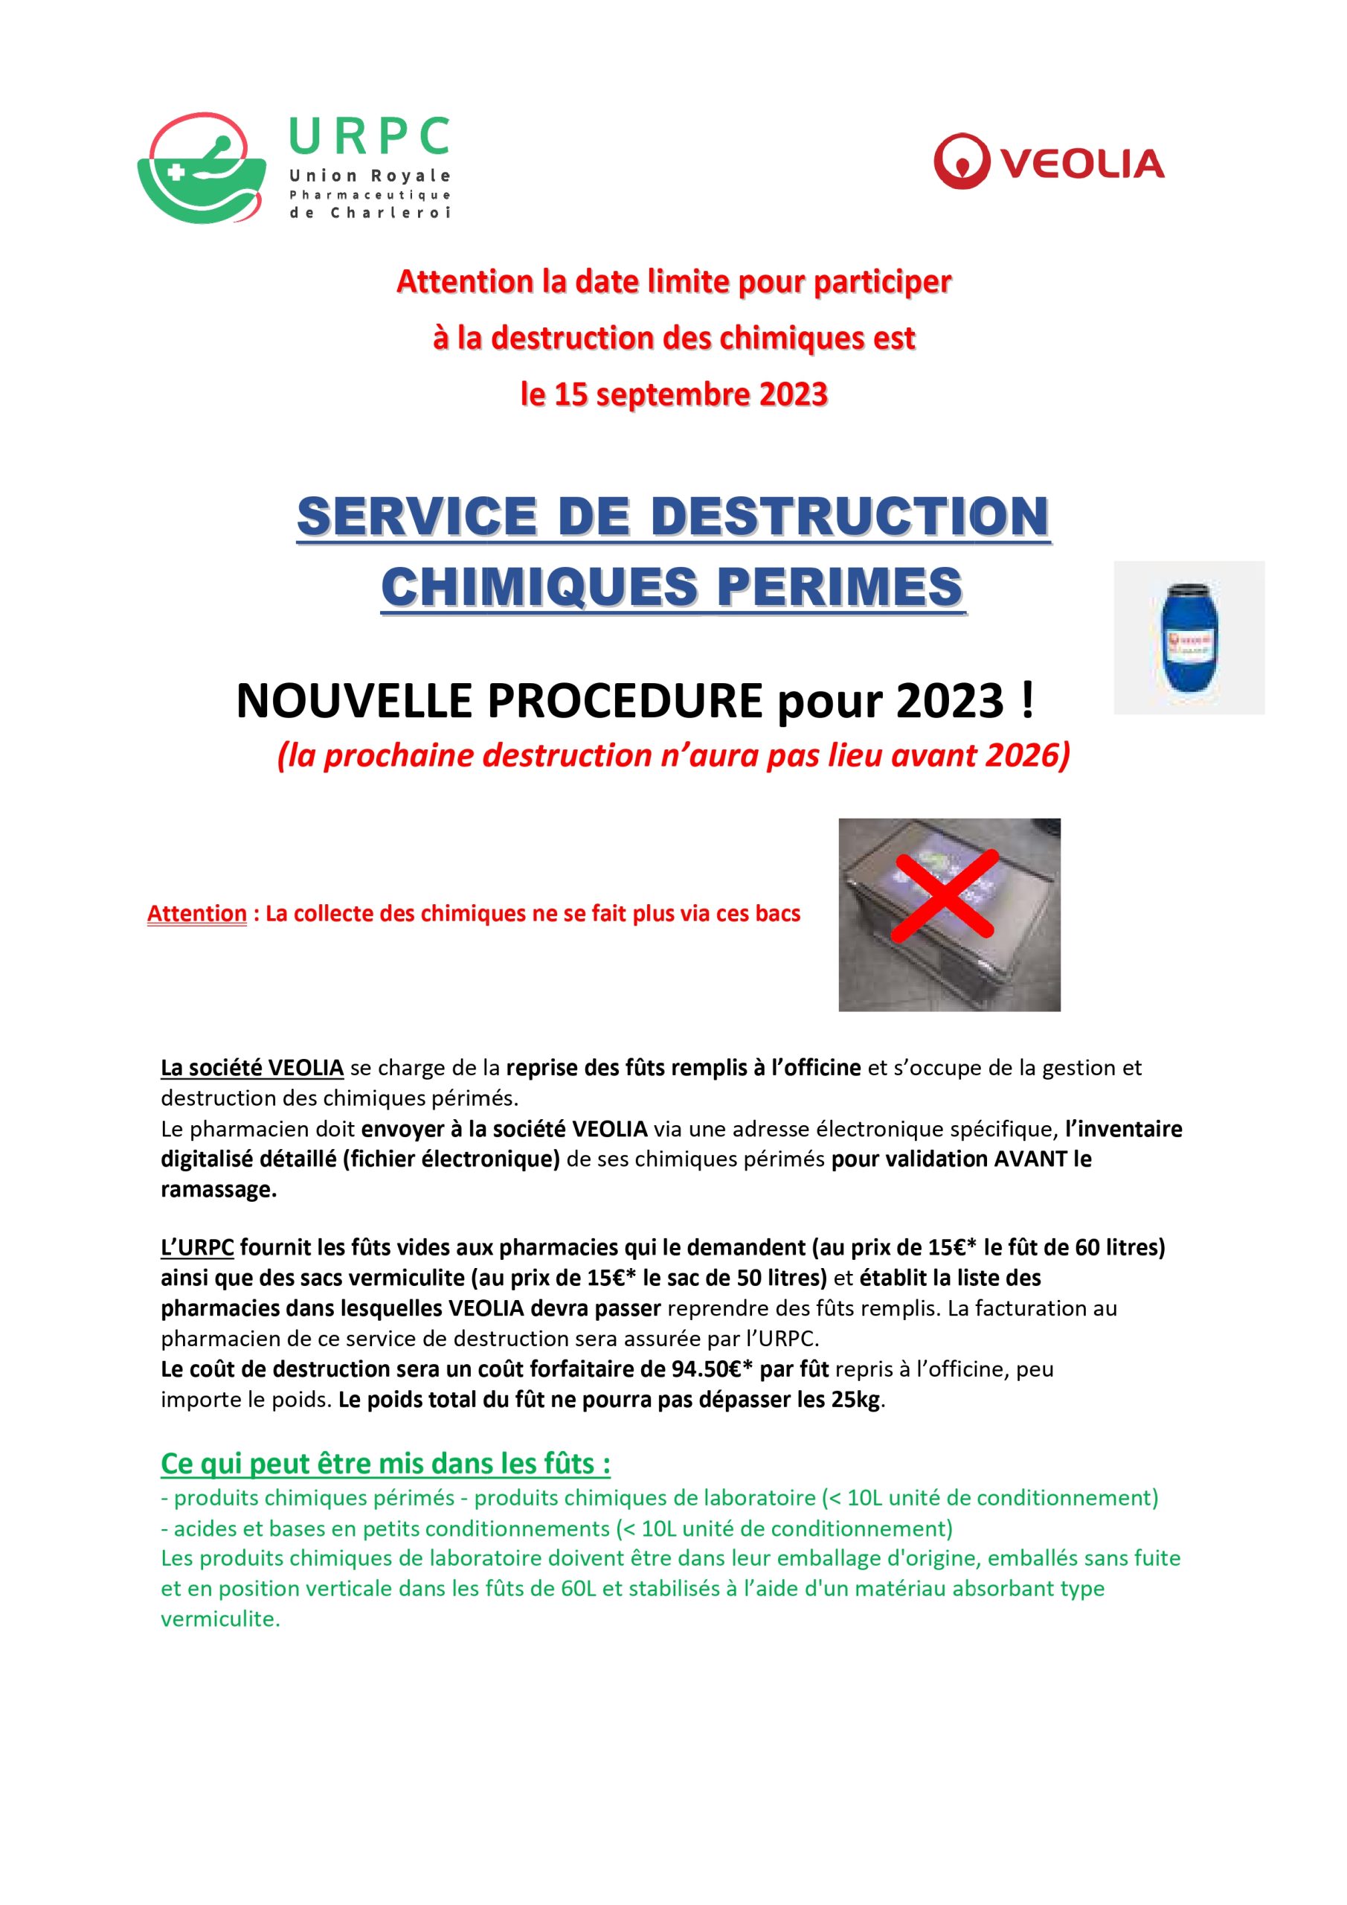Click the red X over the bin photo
944,899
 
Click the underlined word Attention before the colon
197,915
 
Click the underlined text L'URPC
197,1248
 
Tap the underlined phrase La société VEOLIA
252,1068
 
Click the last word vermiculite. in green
221,1619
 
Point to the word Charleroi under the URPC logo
390,214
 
